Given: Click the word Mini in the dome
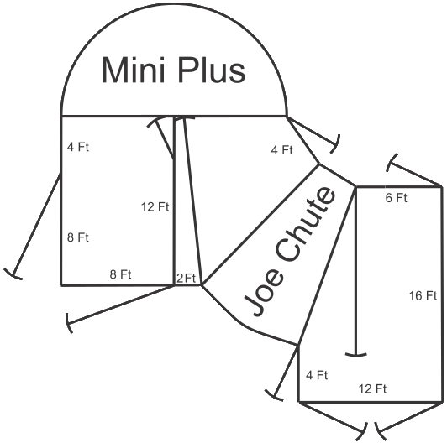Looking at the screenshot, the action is point(133,70).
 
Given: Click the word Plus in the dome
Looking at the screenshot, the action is point(212,70).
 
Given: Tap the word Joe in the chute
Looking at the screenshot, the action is point(265,293).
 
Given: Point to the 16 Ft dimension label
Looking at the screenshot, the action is point(423,296).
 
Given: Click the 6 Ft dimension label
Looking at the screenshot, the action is point(397,198).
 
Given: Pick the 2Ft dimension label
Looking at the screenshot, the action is point(187,279).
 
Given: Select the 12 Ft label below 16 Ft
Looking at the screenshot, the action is point(372,389).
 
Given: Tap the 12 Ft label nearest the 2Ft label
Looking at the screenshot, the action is point(155,207).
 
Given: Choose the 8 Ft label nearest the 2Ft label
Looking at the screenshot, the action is point(121,274).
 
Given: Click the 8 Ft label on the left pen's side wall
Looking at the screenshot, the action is point(78,237).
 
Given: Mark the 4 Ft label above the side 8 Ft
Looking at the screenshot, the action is point(78,147).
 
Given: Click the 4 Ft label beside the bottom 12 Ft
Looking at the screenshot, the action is point(317,375).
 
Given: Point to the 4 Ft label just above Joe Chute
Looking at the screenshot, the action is point(282,150).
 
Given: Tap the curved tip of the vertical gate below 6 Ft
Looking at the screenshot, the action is point(355,355).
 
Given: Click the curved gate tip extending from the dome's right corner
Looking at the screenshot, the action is point(336,144).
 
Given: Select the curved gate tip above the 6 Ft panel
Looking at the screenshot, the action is point(392,163).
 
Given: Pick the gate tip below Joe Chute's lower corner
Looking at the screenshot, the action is point(274,396).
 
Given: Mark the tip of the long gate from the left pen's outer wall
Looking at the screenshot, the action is point(13,274).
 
